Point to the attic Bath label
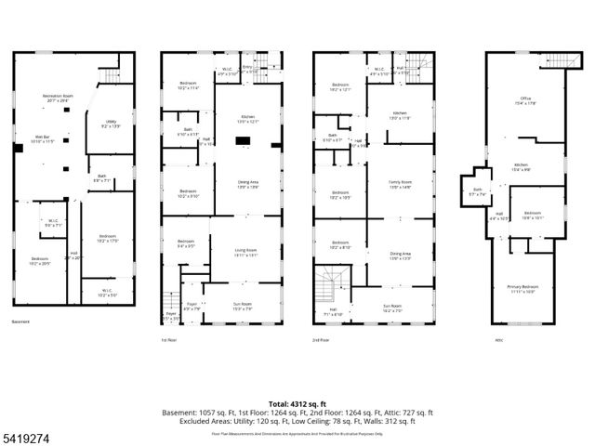476,192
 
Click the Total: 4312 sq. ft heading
297,403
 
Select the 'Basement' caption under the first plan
20,321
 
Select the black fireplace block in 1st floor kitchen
243,141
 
